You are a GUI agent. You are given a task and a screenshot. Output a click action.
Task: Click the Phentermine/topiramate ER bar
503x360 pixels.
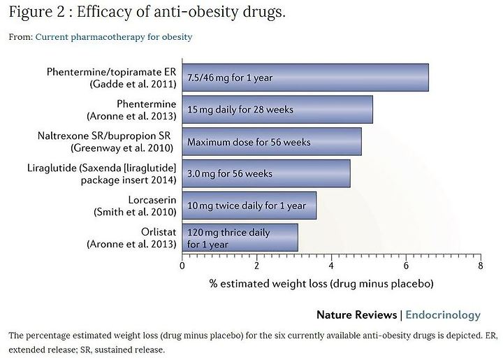tap(305, 78)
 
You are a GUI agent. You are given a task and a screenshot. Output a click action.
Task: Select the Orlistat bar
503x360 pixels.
tap(240, 238)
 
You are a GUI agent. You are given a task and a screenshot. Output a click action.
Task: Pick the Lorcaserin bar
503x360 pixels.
tap(249, 206)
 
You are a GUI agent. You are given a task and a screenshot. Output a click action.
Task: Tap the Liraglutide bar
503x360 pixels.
tap(266, 173)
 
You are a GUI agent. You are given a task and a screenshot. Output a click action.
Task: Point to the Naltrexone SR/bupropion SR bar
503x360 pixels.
tap(272, 141)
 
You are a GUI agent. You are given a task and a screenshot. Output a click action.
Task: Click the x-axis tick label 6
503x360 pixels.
tap(406, 266)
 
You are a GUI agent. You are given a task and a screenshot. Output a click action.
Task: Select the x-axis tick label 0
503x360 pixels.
tap(182, 266)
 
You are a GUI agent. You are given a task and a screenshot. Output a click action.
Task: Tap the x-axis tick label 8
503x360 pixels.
tap(480, 266)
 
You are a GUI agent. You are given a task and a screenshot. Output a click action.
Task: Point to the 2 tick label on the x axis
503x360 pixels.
tap(256, 266)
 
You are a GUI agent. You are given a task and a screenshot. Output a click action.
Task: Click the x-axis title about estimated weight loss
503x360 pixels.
tap(321, 284)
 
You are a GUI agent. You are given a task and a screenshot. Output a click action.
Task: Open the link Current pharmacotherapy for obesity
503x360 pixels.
tap(114, 37)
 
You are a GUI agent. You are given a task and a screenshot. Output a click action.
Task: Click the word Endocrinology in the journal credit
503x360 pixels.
tap(443, 315)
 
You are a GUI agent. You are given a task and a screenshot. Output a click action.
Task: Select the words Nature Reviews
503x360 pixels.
tap(357, 315)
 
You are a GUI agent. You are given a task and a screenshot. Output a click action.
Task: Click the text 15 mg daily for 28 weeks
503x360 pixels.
tap(240, 110)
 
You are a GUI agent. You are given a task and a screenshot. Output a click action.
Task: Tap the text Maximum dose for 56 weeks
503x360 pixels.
tap(249, 142)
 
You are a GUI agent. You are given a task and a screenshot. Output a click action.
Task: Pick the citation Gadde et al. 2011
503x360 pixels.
tap(133, 84)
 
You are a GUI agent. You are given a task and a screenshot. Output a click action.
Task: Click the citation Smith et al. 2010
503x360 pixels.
tap(135, 212)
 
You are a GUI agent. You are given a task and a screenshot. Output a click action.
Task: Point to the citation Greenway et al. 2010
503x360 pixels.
tap(122, 148)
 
